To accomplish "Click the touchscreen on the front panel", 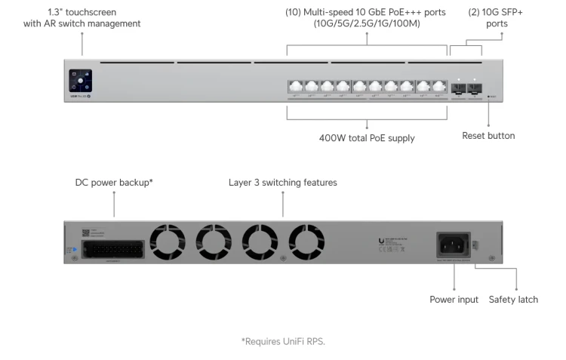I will pos(81,81).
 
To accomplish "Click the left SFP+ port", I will pos(459,88).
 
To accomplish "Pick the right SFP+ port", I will pos(475,88).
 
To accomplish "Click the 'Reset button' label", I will pos(488,136).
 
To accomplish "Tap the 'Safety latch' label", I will pos(513,300).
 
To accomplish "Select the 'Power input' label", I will pos(454,300).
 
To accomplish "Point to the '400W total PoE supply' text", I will pos(367,138).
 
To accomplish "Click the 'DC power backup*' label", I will pos(114,183).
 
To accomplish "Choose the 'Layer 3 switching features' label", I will pos(283,183).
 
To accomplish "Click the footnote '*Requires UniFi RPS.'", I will pos(283,341).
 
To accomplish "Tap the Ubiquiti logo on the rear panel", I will pos(380,242).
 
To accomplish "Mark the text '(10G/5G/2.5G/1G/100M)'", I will pos(365,24).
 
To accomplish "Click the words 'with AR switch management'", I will pos(82,24).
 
